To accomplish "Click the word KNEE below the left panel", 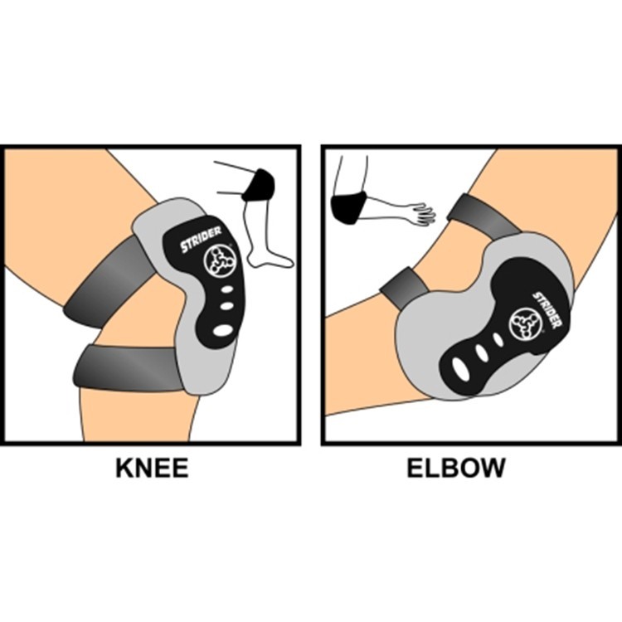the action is click(x=152, y=468).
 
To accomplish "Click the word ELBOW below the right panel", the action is click(x=456, y=468).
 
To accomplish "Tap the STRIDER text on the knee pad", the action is click(x=201, y=239).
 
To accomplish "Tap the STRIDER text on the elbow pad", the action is click(x=547, y=310).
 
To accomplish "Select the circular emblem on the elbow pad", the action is click(x=526, y=325).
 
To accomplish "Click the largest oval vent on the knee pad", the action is click(x=223, y=329).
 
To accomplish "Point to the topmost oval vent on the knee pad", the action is click(x=227, y=289).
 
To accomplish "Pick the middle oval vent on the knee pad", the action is click(x=226, y=306).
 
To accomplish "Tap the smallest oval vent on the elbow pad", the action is click(x=498, y=339).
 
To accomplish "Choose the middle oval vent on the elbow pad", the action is click(x=481, y=353).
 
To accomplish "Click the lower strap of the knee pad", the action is click(x=128, y=368).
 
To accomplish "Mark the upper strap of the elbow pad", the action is click(x=485, y=216).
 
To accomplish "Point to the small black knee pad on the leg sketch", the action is click(x=258, y=185).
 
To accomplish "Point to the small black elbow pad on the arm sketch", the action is click(x=347, y=209).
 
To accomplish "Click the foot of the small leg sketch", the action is click(x=270, y=259).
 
